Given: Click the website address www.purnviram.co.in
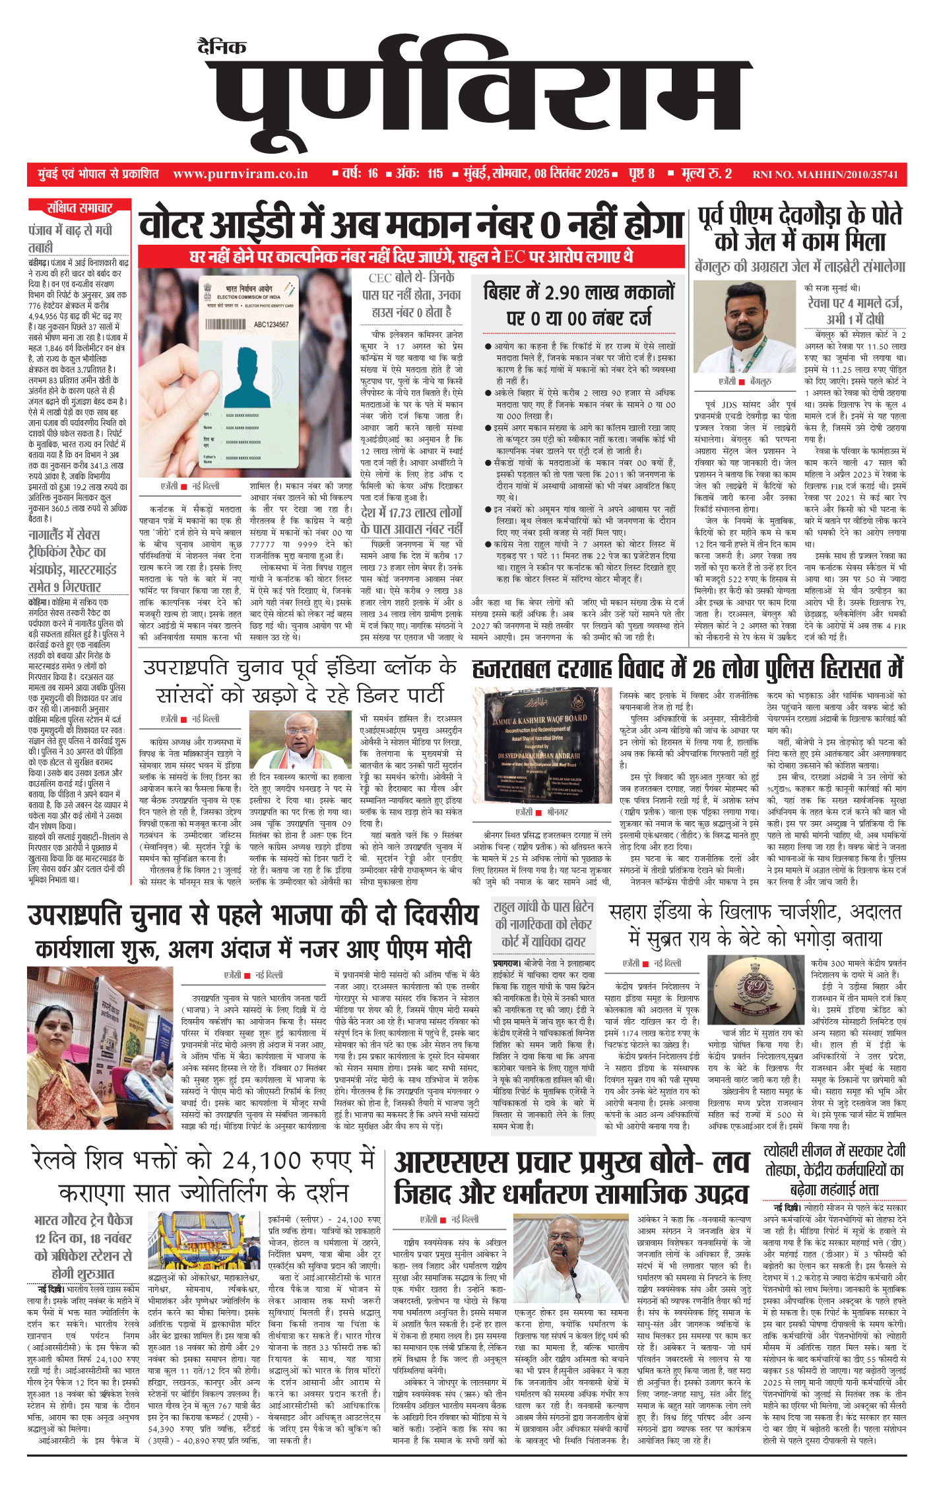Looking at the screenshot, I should (240, 174).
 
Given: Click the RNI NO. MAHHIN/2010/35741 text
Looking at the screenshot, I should (825, 175).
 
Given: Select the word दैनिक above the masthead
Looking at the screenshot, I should (222, 47).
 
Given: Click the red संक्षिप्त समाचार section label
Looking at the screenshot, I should (79, 208).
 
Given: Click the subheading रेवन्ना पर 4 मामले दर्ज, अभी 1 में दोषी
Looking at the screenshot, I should (854, 311).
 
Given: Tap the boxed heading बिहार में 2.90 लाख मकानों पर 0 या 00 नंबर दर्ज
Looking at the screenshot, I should (579, 304).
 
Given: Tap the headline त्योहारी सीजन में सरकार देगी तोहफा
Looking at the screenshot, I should (834, 1170).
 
